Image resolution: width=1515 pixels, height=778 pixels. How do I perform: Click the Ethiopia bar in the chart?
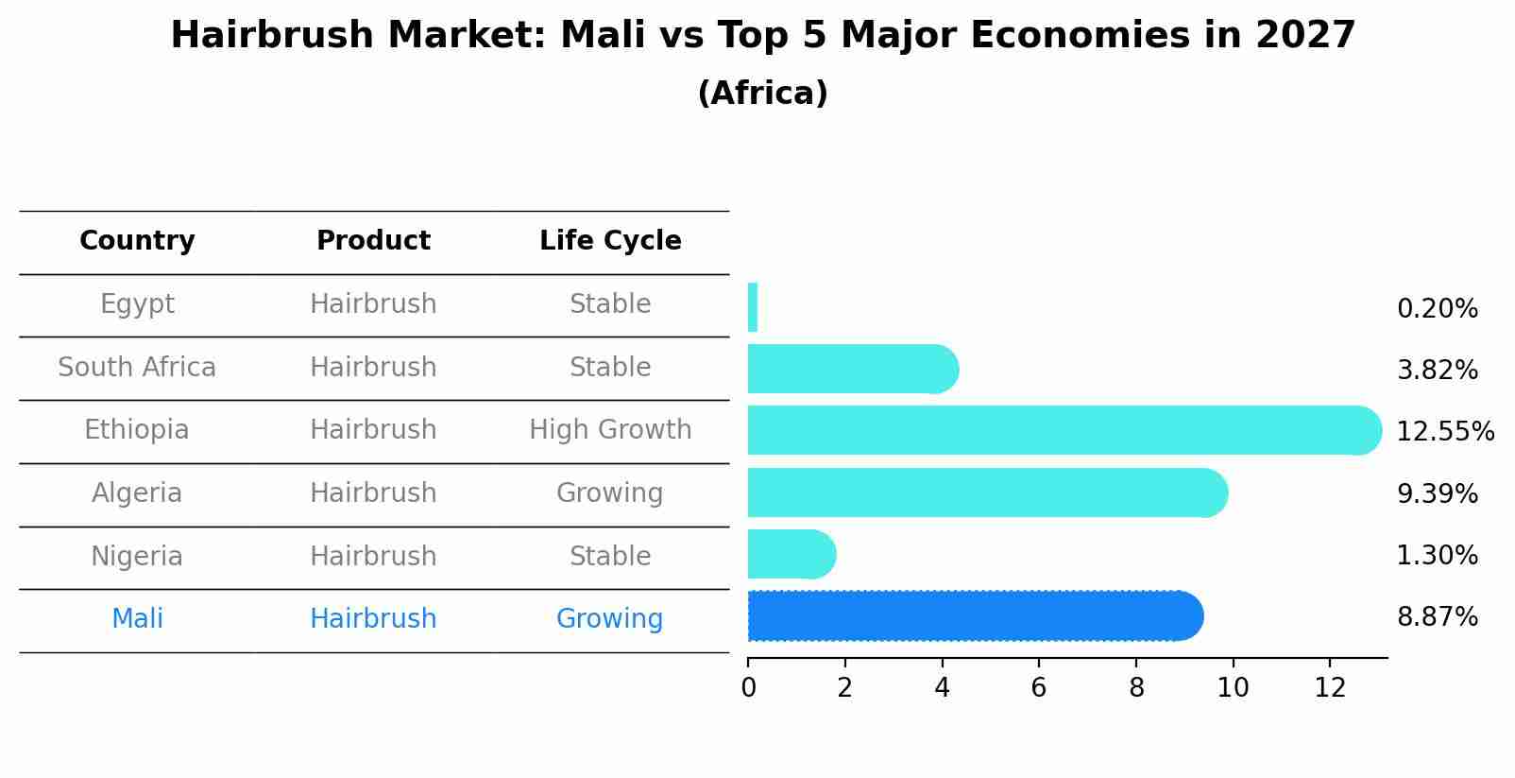pyautogui.click(x=1063, y=430)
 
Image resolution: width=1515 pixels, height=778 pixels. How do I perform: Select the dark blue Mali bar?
pyautogui.click(x=973, y=616)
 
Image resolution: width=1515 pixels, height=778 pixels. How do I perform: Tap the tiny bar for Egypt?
pyautogui.click(x=753, y=307)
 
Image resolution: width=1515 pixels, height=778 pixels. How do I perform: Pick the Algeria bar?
pyautogui.click(x=987, y=493)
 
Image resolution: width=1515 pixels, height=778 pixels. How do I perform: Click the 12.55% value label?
pyautogui.click(x=1444, y=432)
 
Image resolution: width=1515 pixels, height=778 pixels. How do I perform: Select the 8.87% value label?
pyautogui.click(x=1437, y=617)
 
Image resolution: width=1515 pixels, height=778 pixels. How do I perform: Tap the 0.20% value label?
pyautogui.click(x=1437, y=309)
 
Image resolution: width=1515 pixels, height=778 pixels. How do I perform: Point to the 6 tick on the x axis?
pyautogui.click(x=1038, y=688)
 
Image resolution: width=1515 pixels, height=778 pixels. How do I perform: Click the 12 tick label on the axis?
pyautogui.click(x=1329, y=688)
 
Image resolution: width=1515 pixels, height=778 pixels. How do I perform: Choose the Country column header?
pyautogui.click(x=137, y=241)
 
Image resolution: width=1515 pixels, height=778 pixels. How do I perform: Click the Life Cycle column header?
pyautogui.click(x=610, y=241)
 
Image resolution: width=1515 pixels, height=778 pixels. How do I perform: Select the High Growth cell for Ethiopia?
pyautogui.click(x=610, y=430)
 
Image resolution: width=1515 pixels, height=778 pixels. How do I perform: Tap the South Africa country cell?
pyautogui.click(x=137, y=367)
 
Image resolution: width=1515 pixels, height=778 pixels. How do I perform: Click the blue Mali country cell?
pyautogui.click(x=137, y=619)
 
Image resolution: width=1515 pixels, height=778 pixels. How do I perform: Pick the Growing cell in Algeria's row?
pyautogui.click(x=610, y=493)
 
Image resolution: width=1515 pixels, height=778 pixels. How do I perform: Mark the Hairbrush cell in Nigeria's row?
pyautogui.click(x=373, y=556)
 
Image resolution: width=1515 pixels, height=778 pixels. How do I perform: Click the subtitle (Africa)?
pyautogui.click(x=762, y=94)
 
